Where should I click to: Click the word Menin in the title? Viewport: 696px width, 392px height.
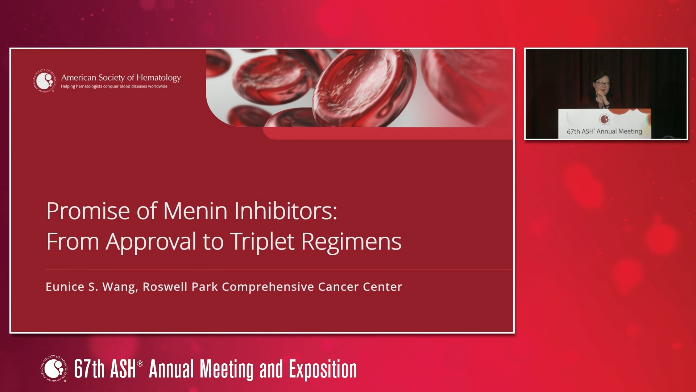[195, 211]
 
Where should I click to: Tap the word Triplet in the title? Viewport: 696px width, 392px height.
[261, 242]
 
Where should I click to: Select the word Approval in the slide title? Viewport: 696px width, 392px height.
[151, 242]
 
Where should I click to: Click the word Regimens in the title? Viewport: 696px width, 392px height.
[351, 242]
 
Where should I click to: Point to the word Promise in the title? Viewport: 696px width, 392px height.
[88, 211]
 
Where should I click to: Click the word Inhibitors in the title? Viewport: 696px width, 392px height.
[286, 211]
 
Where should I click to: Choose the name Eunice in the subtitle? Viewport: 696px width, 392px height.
[65, 287]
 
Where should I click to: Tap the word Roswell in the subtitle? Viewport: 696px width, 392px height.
[165, 287]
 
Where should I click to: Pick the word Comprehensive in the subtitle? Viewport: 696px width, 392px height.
[268, 287]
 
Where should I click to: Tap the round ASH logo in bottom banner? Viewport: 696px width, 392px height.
[54, 369]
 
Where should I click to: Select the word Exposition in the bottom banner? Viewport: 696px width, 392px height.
[323, 369]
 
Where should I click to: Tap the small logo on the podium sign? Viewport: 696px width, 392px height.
[604, 119]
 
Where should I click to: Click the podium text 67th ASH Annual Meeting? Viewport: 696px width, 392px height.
[604, 131]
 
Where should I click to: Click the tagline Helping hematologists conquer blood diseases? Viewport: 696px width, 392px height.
[114, 86]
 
